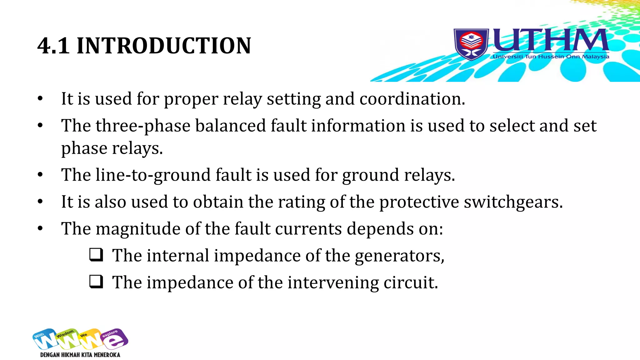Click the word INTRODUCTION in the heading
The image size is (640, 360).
(x=164, y=46)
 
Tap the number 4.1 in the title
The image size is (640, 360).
(x=53, y=46)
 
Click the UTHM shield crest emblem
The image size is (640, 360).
(x=471, y=44)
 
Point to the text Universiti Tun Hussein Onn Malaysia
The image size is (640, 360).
(x=551, y=57)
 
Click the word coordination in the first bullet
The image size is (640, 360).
(x=412, y=99)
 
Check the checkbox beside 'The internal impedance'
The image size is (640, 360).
(x=96, y=254)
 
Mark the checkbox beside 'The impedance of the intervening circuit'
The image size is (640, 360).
(x=96, y=281)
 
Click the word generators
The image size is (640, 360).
(x=399, y=256)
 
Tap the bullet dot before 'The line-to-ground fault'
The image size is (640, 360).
(x=40, y=175)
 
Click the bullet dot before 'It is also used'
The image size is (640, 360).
(x=40, y=202)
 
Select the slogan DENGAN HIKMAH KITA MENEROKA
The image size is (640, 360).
(x=80, y=355)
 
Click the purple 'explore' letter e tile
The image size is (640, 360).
(x=114, y=339)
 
